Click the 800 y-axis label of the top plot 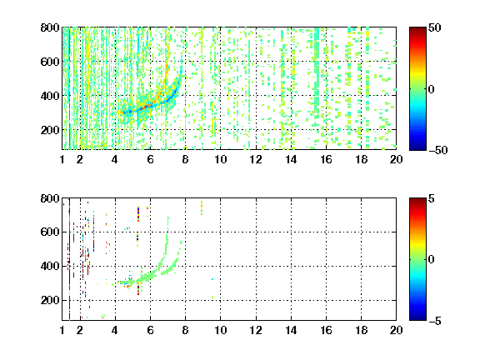coord(50,27)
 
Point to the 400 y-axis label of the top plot coord(50,96)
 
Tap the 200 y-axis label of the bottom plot coord(50,300)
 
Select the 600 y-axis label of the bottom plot coord(50,232)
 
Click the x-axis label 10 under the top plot coord(220,159)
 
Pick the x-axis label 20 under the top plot coord(396,159)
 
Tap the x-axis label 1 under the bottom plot coord(62,330)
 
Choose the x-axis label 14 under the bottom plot coord(291,330)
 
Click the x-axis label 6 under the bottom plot coord(150,330)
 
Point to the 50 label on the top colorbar coord(434,27)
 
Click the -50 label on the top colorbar coord(438,150)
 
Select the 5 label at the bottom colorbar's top coord(432,198)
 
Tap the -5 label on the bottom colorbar coord(435,321)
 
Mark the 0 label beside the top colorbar coord(432,89)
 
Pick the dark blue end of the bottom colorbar coord(417,318)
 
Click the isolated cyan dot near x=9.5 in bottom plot coord(212,279)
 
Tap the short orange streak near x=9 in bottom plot coord(202,207)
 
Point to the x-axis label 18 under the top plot coord(361,159)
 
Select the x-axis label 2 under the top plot coord(80,159)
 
